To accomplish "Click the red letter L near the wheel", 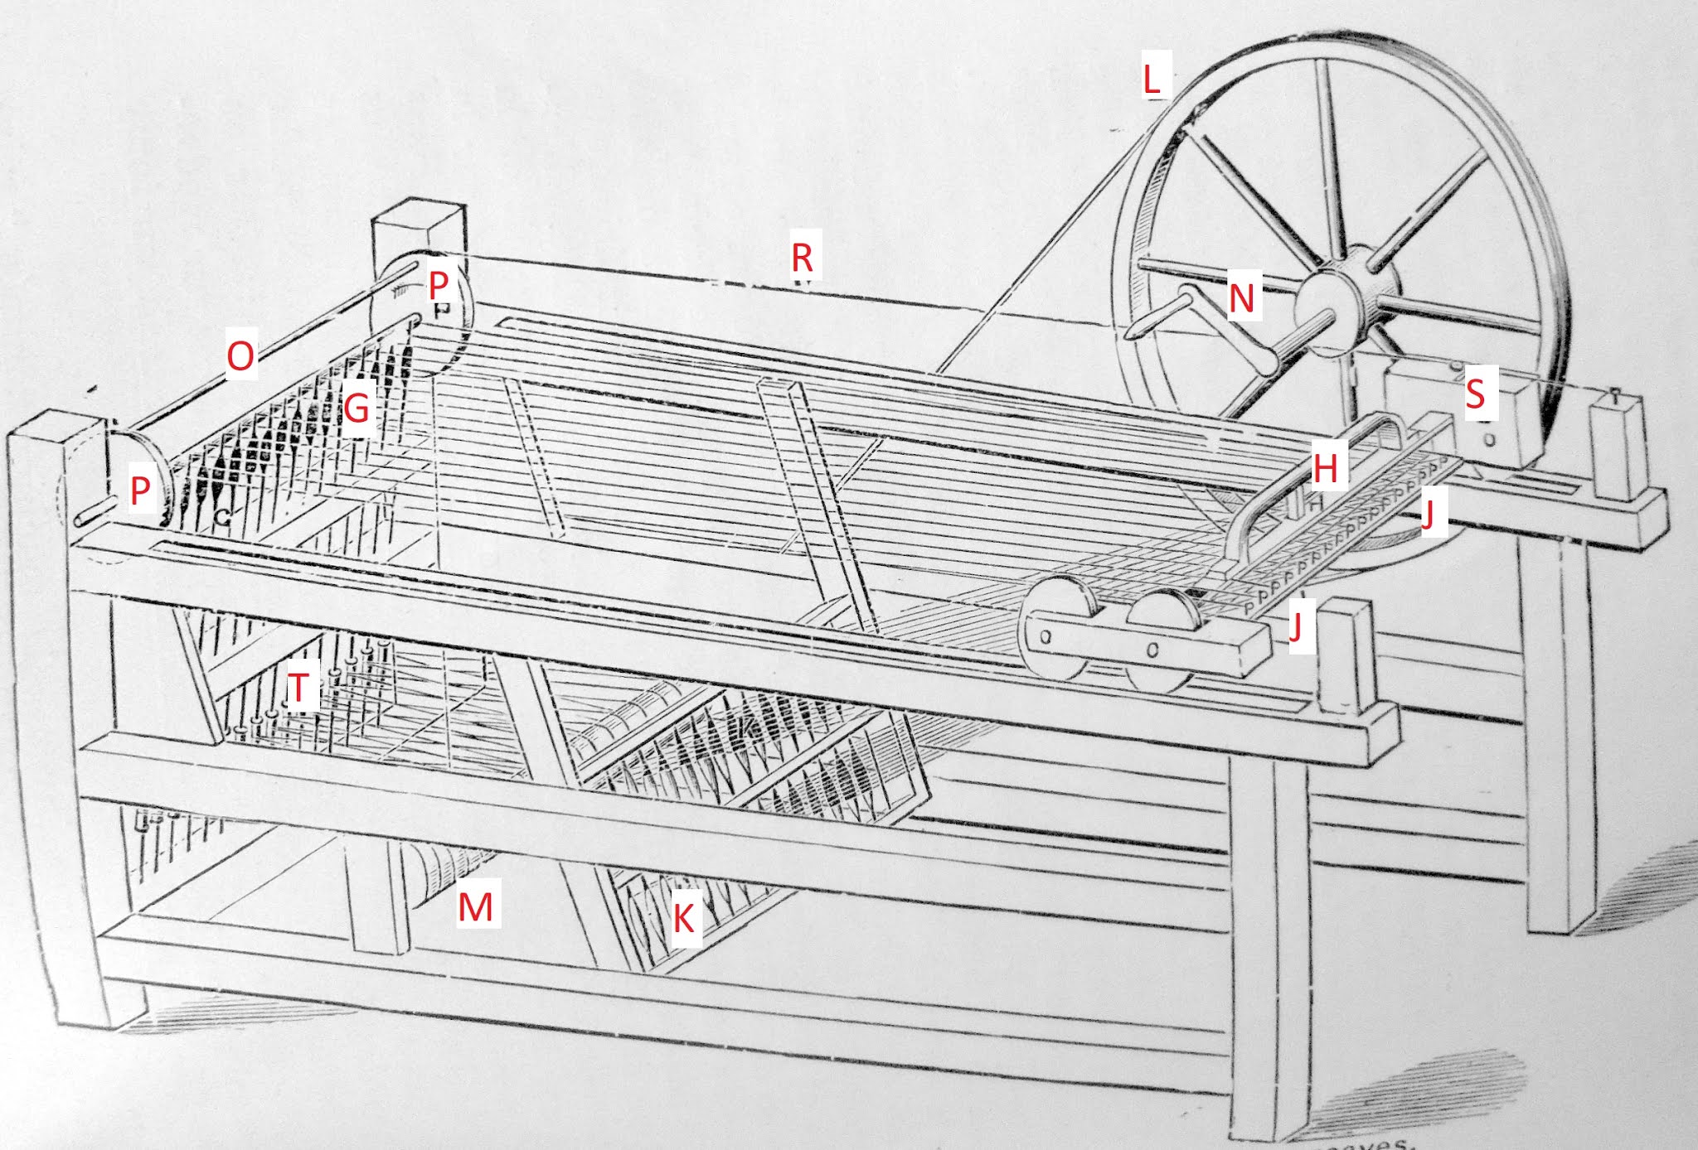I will coord(1151,79).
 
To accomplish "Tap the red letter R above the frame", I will coord(802,257).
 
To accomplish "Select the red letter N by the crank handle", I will coord(1241,297).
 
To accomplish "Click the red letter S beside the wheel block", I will coord(1475,394).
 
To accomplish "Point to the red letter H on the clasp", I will coord(1325,469).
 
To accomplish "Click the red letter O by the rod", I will coord(240,356).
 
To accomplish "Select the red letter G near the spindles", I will coord(357,408).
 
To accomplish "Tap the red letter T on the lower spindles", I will coord(298,686).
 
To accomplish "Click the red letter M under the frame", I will coord(476,906).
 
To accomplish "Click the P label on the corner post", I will coord(439,285).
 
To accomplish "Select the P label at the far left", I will coord(140,491).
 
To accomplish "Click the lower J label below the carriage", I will coord(1296,626).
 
